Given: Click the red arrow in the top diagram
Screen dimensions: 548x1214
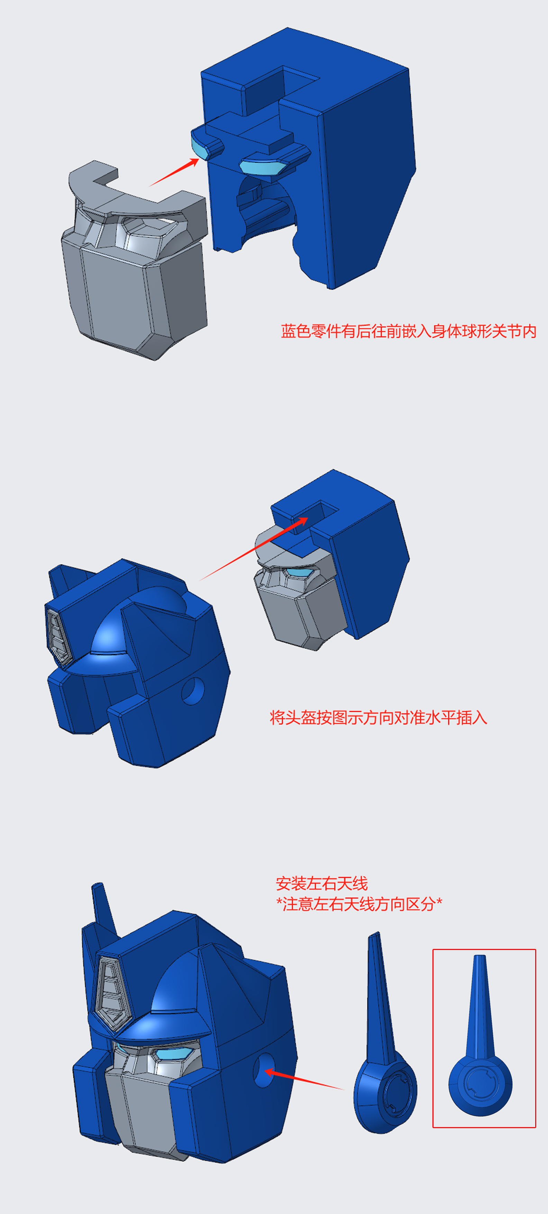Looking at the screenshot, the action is [x=174, y=172].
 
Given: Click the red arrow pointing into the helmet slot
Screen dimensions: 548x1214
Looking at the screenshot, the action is [x=254, y=548].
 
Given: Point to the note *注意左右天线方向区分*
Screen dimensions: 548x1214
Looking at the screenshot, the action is [x=359, y=904].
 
